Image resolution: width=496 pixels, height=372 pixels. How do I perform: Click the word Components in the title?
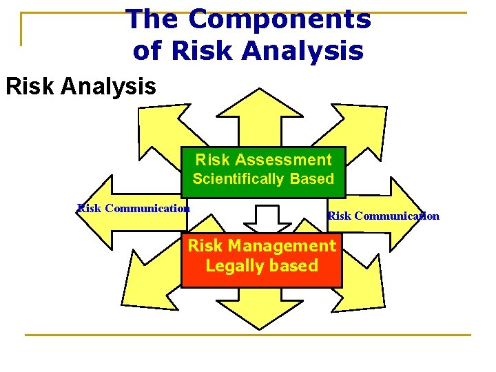click(279, 19)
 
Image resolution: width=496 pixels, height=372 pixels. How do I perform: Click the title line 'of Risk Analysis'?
click(248, 50)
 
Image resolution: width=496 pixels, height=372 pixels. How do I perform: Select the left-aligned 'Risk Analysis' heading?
click(81, 87)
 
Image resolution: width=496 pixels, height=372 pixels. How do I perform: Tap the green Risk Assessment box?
click(263, 171)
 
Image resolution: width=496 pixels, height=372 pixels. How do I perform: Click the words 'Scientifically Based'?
click(263, 180)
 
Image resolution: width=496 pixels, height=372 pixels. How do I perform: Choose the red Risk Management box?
click(262, 260)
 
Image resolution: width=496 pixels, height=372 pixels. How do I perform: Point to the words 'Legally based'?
click(262, 266)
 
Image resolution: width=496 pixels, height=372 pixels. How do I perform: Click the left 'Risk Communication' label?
click(134, 208)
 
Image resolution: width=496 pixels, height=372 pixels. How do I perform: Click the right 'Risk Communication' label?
click(383, 216)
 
